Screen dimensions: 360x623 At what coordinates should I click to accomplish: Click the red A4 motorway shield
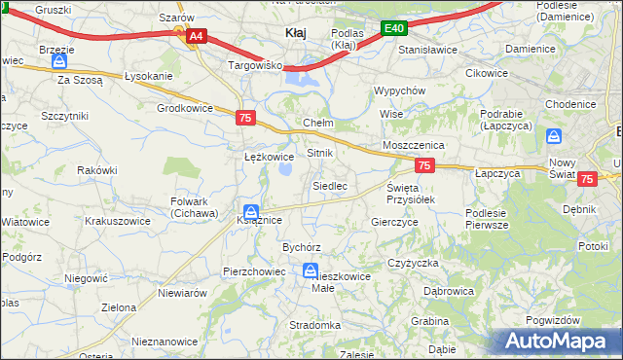[196, 36]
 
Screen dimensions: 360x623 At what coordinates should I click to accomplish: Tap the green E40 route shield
[393, 29]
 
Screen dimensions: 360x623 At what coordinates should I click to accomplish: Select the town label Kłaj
[295, 32]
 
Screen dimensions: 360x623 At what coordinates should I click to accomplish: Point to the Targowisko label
[255, 66]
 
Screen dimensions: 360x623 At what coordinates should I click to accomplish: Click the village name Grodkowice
[184, 108]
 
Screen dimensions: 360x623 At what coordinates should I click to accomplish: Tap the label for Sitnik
[320, 154]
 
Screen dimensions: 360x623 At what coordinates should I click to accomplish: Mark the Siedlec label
[329, 185]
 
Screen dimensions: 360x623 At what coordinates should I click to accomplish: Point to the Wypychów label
[400, 90]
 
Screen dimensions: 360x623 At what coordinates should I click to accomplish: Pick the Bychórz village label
[301, 247]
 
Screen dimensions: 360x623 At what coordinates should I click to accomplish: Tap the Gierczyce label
[395, 222]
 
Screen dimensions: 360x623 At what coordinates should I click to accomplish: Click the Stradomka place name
[314, 325]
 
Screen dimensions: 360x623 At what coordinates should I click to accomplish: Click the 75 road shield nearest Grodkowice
[246, 118]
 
